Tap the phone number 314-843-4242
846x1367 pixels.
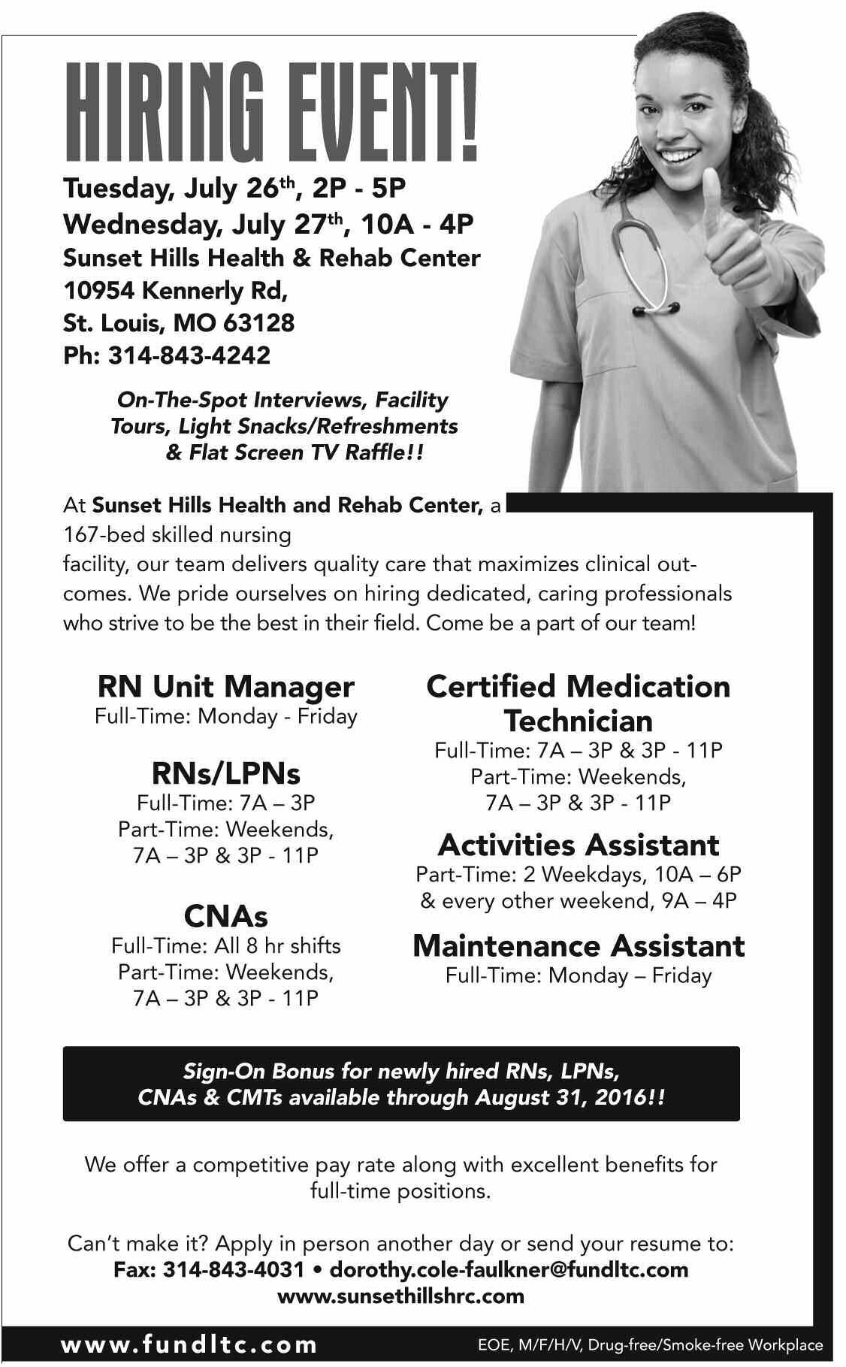pyautogui.click(x=189, y=355)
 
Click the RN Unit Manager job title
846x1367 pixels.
pyautogui.click(x=225, y=686)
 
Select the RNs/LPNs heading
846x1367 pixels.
pyautogui.click(x=225, y=773)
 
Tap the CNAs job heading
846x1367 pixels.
pyautogui.click(x=225, y=915)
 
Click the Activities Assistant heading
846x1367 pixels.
pyautogui.click(x=578, y=845)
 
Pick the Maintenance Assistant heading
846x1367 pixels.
pyautogui.click(x=578, y=945)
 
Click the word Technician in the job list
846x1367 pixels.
pyautogui.click(x=578, y=721)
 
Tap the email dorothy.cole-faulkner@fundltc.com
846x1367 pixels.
pyautogui.click(x=509, y=1269)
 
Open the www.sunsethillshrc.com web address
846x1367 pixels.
pyautogui.click(x=400, y=1296)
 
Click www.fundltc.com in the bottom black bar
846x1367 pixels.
pyautogui.click(x=189, y=1344)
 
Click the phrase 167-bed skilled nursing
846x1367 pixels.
pyautogui.click(x=177, y=535)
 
